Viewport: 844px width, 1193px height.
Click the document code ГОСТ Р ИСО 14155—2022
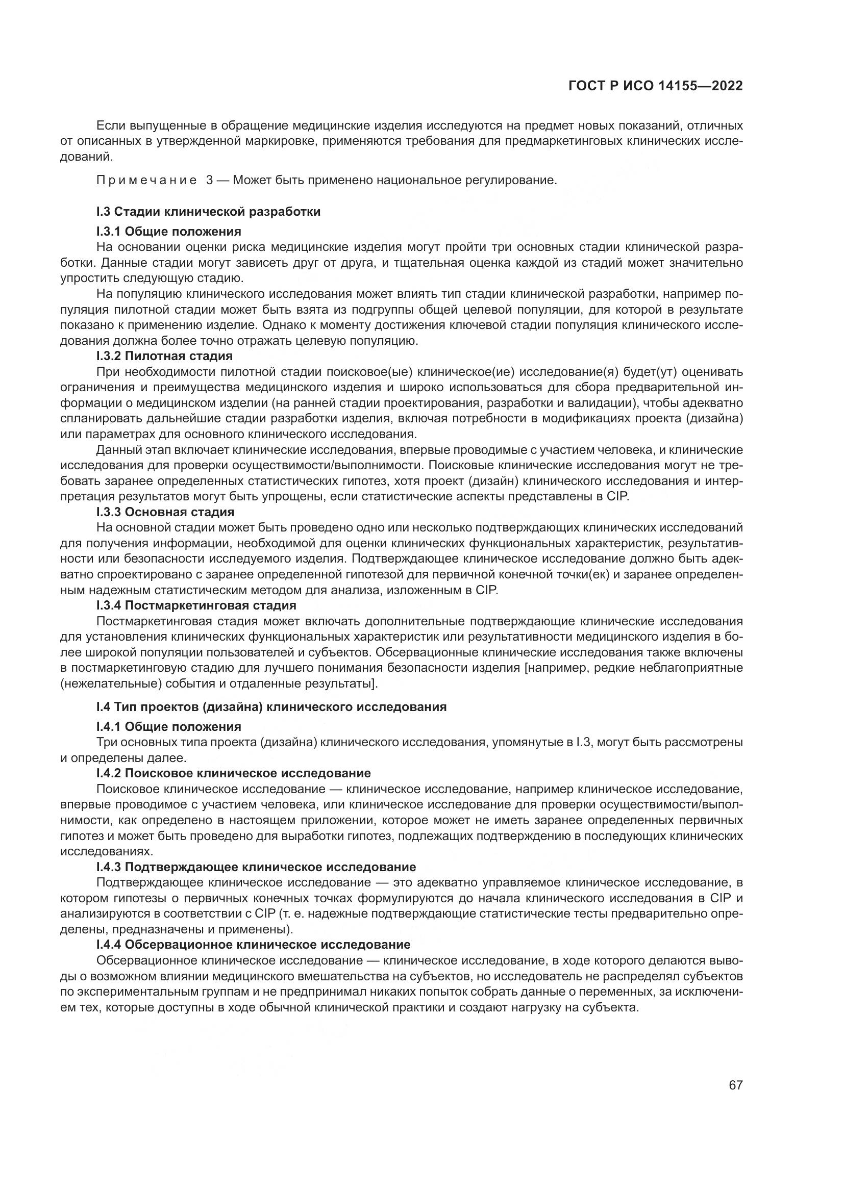pos(655,86)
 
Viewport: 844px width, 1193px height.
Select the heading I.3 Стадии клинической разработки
pos(208,212)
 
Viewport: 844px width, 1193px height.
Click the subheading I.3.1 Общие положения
pos(168,231)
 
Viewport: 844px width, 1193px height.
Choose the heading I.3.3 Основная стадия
pos(165,512)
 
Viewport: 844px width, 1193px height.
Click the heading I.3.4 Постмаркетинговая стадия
pos(196,605)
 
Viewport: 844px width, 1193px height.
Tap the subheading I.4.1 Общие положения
pos(168,726)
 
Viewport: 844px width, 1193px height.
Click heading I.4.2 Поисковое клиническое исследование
pos(233,773)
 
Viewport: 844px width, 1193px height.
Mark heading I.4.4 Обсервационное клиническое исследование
pos(253,945)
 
